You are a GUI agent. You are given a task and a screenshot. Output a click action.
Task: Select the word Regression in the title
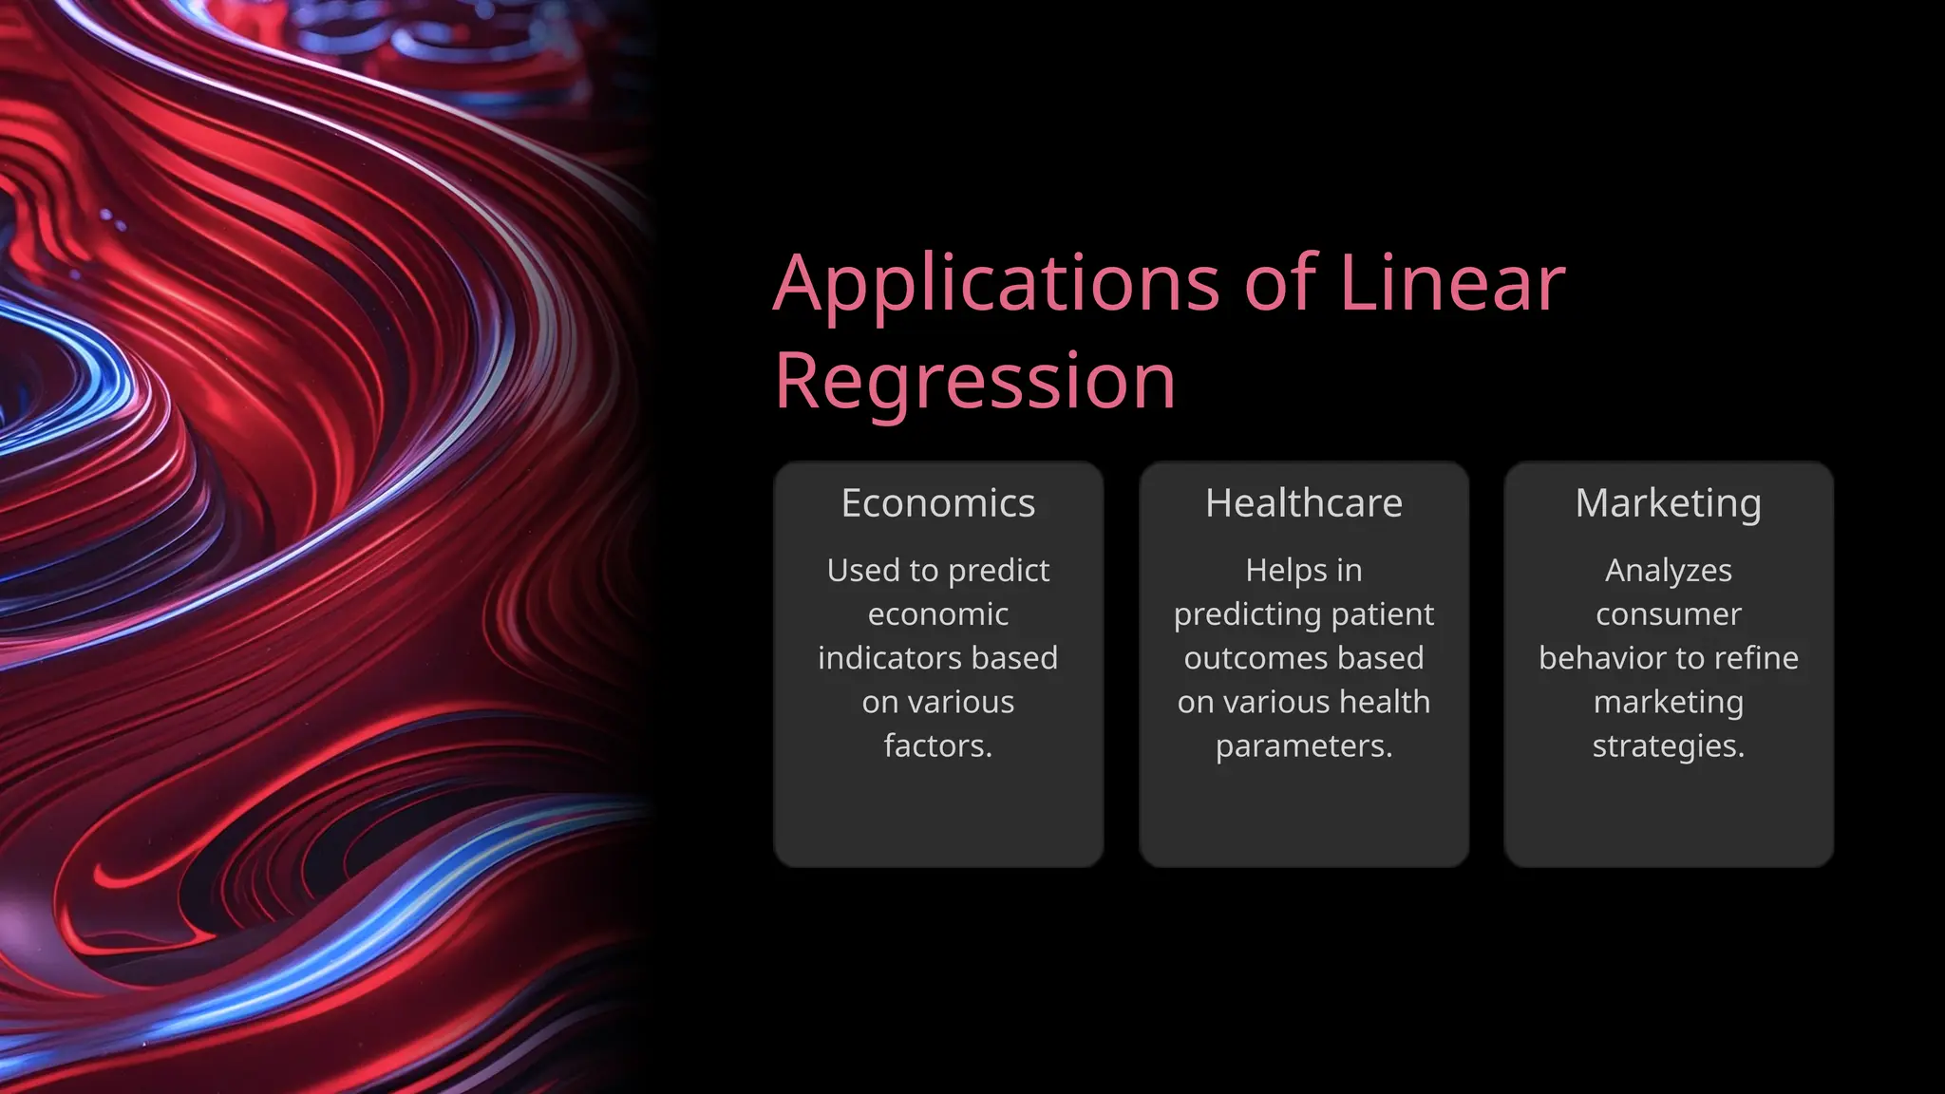coord(975,381)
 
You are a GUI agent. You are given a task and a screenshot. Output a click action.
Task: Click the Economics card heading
coord(937,503)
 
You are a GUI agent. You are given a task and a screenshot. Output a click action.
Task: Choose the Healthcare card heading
coord(1303,503)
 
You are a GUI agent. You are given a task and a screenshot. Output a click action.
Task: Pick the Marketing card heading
coord(1668,503)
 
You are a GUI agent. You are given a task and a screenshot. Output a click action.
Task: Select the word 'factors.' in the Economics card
coord(937,746)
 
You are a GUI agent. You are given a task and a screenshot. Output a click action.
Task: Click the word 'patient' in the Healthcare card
coord(1383,614)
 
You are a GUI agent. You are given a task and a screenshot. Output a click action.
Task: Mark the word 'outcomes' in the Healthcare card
coord(1246,658)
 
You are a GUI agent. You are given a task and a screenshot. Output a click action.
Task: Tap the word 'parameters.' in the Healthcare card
coord(1303,746)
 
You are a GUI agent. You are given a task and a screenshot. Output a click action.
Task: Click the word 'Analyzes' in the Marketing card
coord(1668,571)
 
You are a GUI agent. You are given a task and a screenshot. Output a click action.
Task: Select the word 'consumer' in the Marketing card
coord(1668,614)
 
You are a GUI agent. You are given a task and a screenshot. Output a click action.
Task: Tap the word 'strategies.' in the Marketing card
coord(1668,746)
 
